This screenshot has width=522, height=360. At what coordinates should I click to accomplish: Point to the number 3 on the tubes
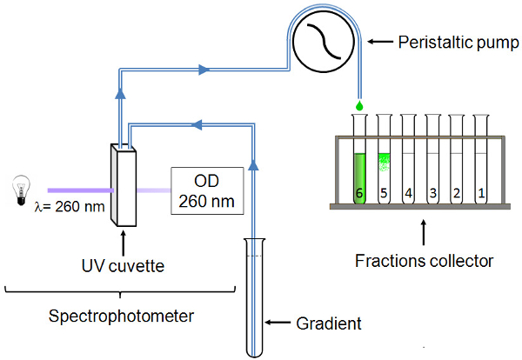click(x=432, y=195)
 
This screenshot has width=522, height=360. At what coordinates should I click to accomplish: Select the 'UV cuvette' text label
click(x=123, y=262)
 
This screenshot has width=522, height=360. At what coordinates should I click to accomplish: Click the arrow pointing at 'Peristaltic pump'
click(x=381, y=42)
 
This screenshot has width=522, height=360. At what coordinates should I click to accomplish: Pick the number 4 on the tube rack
click(x=407, y=195)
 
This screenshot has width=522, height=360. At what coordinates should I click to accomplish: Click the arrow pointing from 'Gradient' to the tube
click(x=278, y=323)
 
